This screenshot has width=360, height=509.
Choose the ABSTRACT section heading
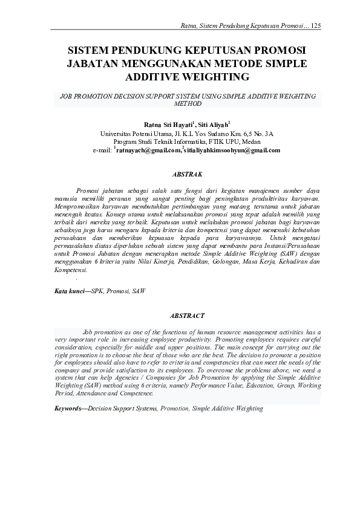(x=188, y=316)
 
